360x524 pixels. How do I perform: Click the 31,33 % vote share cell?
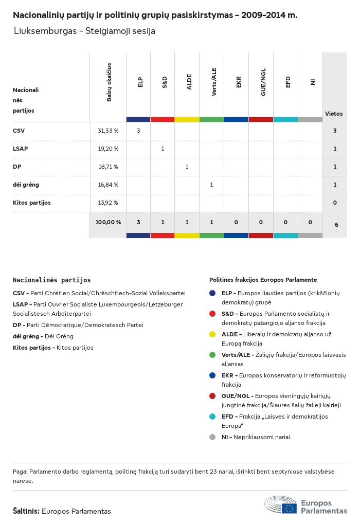click(108, 131)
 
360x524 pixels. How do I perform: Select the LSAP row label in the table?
click(21, 149)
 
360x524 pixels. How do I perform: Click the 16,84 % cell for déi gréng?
click(108, 185)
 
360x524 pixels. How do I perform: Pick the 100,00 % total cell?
click(108, 222)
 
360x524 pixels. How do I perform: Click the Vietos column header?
click(334, 114)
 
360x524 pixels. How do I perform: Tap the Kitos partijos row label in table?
click(32, 203)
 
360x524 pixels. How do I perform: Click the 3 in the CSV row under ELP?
click(138, 131)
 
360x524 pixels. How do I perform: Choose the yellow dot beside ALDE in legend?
click(212, 334)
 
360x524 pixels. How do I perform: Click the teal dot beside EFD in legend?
click(212, 417)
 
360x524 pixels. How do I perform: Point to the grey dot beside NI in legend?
click(212, 437)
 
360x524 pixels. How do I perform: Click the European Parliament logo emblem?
click(281, 505)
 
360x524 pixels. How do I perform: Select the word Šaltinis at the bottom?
click(26, 511)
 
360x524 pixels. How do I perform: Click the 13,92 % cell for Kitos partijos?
click(108, 203)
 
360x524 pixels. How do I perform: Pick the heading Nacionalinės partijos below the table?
click(51, 280)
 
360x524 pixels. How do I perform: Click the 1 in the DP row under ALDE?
click(187, 167)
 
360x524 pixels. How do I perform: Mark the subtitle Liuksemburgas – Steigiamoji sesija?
click(84, 31)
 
